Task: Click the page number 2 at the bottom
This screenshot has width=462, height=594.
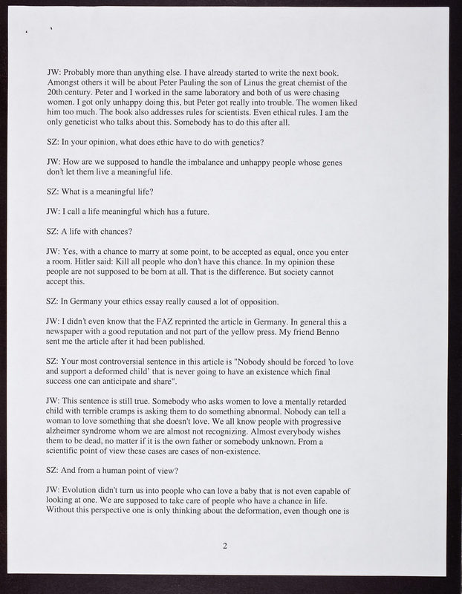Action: coord(224,547)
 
